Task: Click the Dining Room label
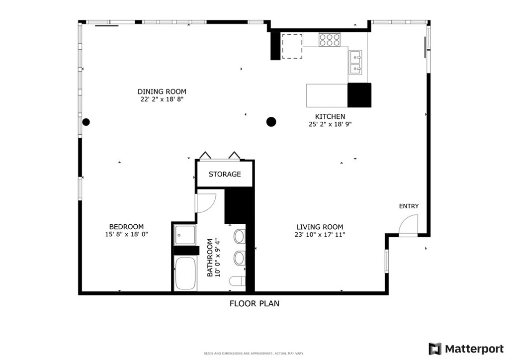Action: coord(162,91)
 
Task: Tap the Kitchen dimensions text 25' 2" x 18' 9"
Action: coord(330,124)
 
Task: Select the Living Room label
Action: coord(320,227)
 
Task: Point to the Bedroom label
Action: coord(126,227)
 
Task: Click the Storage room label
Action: coord(225,175)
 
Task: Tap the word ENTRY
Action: coord(409,206)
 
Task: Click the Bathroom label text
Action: coord(210,258)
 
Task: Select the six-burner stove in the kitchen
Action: coord(330,40)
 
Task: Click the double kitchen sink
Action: coord(355,62)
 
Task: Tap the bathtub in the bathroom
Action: coord(185,273)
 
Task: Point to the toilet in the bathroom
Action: coord(237,281)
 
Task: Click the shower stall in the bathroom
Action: coord(185,235)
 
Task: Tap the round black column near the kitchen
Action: coord(271,122)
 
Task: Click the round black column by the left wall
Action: coord(85,122)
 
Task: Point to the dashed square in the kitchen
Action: coord(292,46)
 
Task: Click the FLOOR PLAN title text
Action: coord(254,303)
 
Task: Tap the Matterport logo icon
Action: coord(435,349)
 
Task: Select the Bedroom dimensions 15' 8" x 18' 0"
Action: coord(126,234)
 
